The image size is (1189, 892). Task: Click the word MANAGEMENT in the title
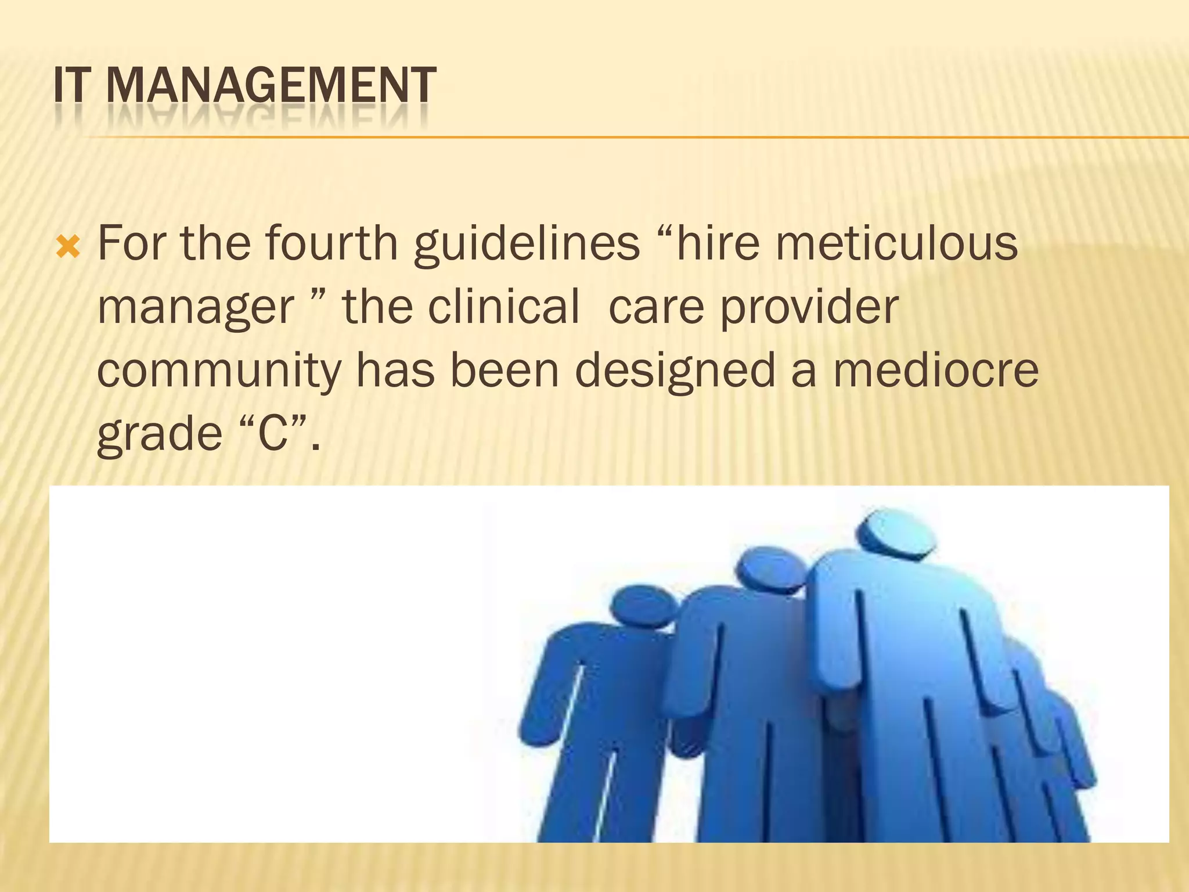tap(271, 85)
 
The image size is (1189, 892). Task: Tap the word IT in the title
tap(72, 85)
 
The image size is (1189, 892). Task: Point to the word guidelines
tap(527, 244)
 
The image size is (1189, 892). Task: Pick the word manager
tap(196, 308)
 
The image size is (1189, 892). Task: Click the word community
tap(219, 372)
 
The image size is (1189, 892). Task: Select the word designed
tap(675, 372)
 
